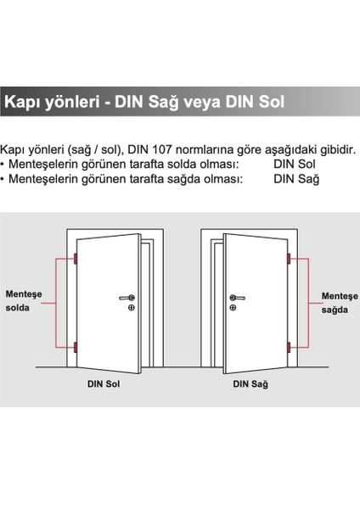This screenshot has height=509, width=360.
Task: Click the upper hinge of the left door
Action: point(76,257)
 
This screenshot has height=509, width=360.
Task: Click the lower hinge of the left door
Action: point(76,346)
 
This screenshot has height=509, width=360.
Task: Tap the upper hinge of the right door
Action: point(289,257)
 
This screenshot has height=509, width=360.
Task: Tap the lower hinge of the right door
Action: point(289,346)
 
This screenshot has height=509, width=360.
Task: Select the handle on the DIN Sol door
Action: point(127,297)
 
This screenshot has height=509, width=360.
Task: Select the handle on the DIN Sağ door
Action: point(236,297)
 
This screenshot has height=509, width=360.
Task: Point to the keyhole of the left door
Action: point(130,307)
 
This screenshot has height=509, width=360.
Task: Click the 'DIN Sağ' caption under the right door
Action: point(250,384)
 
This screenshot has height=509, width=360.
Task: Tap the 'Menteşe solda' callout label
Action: point(24,300)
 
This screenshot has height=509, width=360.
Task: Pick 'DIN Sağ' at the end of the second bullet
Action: point(295,178)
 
